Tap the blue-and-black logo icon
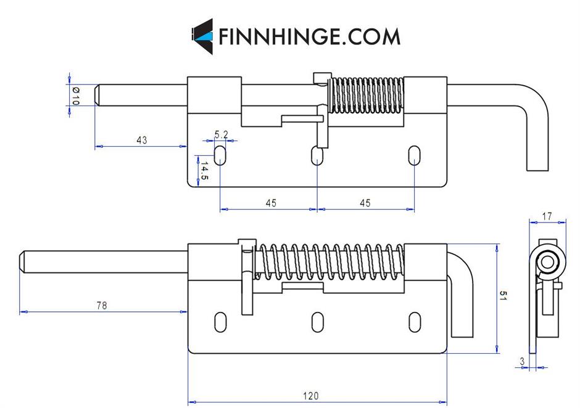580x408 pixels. coord(202,36)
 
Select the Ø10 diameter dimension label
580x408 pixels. coord(75,96)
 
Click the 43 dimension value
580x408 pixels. coord(141,140)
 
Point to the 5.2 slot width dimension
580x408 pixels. coord(222,134)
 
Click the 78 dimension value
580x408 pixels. coord(101,305)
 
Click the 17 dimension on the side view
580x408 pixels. coord(547,216)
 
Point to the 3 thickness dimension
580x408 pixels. coord(522,361)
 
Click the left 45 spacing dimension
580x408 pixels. coord(270,203)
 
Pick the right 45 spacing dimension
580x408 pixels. coord(365,203)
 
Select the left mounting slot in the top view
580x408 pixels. coord(220,155)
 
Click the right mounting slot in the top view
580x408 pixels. coord(414,155)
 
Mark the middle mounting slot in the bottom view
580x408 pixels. coord(317,320)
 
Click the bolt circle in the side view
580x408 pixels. coord(547,263)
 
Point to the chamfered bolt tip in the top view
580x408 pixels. coord(99,95)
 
